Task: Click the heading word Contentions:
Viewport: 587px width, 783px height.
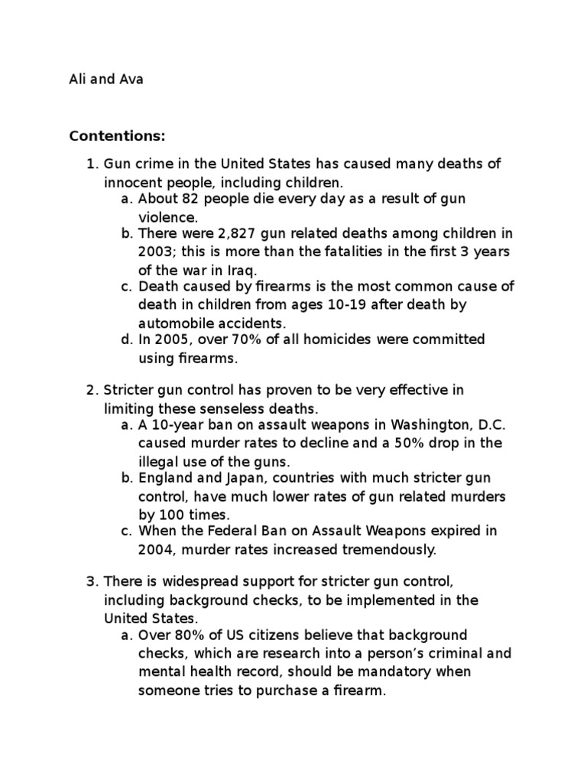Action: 117,136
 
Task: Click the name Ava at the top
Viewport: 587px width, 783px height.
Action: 131,80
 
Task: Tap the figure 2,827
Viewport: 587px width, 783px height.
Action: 220,234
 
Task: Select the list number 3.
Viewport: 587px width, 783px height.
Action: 91,583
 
